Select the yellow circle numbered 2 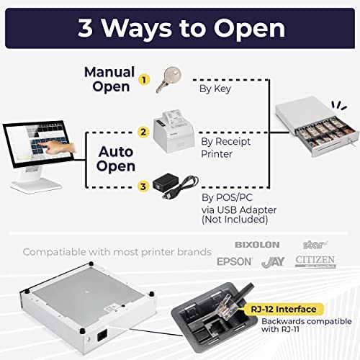143,132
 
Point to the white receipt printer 173,126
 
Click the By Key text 215,90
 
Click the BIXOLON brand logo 256,245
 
